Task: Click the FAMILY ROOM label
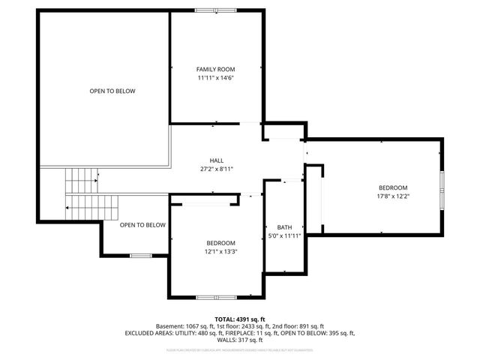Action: [216, 69]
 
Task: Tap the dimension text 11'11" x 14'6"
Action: [216, 78]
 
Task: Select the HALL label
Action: [217, 160]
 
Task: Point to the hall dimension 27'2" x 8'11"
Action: [217, 169]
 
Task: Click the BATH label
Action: [284, 227]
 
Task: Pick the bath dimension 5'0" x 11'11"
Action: [284, 236]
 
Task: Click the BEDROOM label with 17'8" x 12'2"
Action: [392, 187]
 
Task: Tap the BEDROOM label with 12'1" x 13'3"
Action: [221, 243]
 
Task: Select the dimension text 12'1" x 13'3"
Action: [221, 252]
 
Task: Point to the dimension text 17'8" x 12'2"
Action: [392, 196]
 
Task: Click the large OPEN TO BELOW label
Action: [112, 91]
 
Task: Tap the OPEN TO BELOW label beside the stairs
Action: [142, 225]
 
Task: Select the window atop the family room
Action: [215, 10]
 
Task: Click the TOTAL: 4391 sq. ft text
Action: [239, 319]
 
